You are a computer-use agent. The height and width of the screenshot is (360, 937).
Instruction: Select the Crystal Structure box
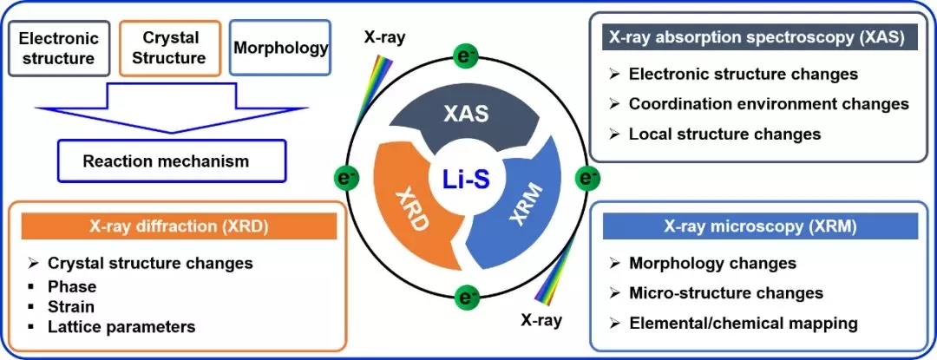click(x=171, y=49)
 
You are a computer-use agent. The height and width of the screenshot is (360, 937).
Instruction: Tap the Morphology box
click(x=281, y=48)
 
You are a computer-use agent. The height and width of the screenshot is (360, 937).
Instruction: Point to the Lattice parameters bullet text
click(x=121, y=327)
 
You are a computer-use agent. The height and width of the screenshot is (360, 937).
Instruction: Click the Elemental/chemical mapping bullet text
click(x=744, y=324)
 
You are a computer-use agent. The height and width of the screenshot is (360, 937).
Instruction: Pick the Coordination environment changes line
click(x=769, y=104)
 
